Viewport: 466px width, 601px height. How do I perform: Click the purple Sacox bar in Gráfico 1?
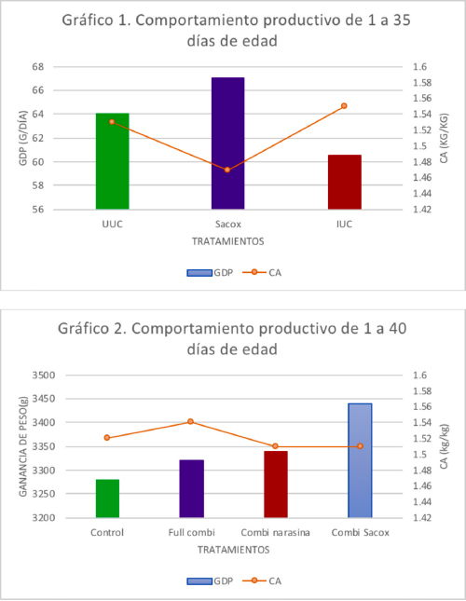click(x=228, y=143)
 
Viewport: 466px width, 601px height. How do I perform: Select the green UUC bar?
click(x=112, y=161)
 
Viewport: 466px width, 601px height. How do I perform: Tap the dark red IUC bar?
click(x=345, y=182)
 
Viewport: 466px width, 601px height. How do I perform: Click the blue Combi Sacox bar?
click(x=360, y=460)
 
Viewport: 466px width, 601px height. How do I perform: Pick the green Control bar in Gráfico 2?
click(x=107, y=499)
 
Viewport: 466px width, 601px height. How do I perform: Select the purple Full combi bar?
click(x=192, y=488)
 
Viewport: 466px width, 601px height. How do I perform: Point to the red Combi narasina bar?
click(x=276, y=485)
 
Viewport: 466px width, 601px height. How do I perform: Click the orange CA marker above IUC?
click(x=344, y=106)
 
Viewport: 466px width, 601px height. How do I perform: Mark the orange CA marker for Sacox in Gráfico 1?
click(x=227, y=170)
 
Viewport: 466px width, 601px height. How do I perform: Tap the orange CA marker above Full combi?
click(x=190, y=421)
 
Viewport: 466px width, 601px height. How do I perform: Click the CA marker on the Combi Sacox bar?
click(x=360, y=446)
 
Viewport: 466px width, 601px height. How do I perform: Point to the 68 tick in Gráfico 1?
click(x=38, y=67)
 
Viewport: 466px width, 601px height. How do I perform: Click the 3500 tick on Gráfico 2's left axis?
click(x=44, y=376)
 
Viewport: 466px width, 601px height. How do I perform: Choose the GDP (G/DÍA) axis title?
click(x=23, y=138)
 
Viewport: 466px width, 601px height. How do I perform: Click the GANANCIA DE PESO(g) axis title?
click(x=23, y=446)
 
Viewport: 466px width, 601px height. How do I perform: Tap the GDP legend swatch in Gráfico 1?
click(x=199, y=273)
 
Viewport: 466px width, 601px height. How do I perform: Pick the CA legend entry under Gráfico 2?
click(x=262, y=581)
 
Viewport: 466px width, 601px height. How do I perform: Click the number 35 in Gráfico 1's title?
click(x=402, y=20)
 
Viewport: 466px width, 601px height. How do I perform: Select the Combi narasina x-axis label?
click(x=276, y=532)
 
